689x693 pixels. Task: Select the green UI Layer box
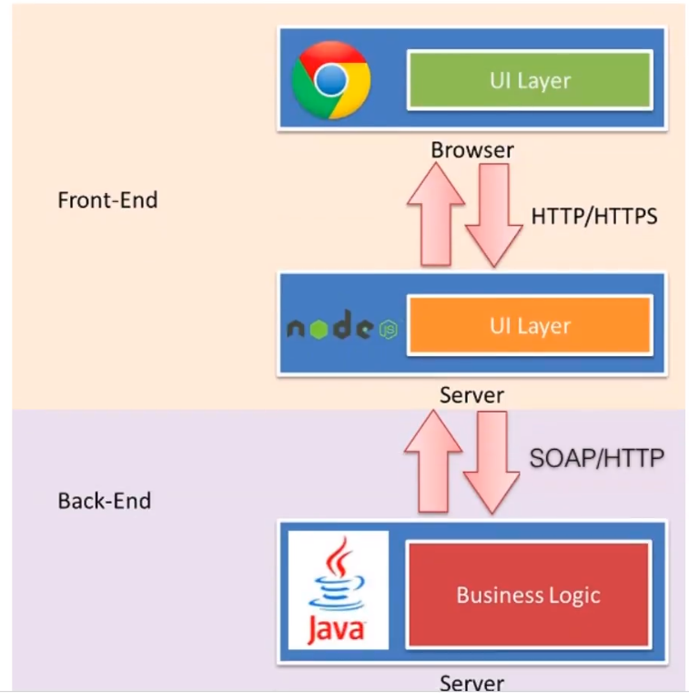pyautogui.click(x=529, y=80)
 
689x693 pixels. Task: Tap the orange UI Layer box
pyautogui.click(x=529, y=325)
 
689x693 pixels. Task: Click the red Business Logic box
pyautogui.click(x=528, y=595)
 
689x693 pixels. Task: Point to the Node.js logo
pyautogui.click(x=341, y=327)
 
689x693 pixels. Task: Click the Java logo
pyautogui.click(x=338, y=590)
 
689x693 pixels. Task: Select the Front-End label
pyautogui.click(x=107, y=199)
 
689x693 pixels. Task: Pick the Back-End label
pyautogui.click(x=104, y=501)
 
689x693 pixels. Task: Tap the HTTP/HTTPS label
pyautogui.click(x=593, y=217)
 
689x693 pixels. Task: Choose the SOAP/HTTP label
pyautogui.click(x=596, y=457)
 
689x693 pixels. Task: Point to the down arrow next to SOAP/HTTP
pyautogui.click(x=492, y=464)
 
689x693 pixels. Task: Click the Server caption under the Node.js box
pyautogui.click(x=471, y=396)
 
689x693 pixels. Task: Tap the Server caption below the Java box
pyautogui.click(x=471, y=683)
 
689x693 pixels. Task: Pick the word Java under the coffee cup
pyautogui.click(x=337, y=628)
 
